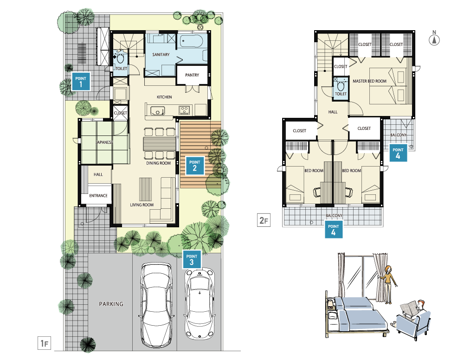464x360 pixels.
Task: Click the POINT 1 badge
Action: (81, 82)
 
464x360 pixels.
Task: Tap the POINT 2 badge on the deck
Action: (195, 165)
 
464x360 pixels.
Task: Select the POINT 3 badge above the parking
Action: (192, 259)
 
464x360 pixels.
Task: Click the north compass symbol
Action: (434, 39)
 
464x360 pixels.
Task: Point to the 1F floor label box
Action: (45, 343)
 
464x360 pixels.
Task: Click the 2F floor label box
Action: (264, 220)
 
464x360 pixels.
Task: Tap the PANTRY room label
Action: (192, 75)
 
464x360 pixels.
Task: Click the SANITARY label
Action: (161, 55)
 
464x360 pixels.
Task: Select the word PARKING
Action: (111, 304)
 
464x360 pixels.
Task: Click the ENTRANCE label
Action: (98, 196)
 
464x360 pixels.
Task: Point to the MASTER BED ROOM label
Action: (370, 81)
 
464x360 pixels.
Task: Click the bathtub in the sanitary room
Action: (192, 41)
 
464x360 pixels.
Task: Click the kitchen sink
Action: (158, 110)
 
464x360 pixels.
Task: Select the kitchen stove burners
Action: (184, 110)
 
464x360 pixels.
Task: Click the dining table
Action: (159, 144)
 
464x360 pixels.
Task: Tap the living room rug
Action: (145, 190)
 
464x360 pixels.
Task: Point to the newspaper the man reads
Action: (409, 308)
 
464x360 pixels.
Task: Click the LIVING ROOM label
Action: (142, 205)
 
